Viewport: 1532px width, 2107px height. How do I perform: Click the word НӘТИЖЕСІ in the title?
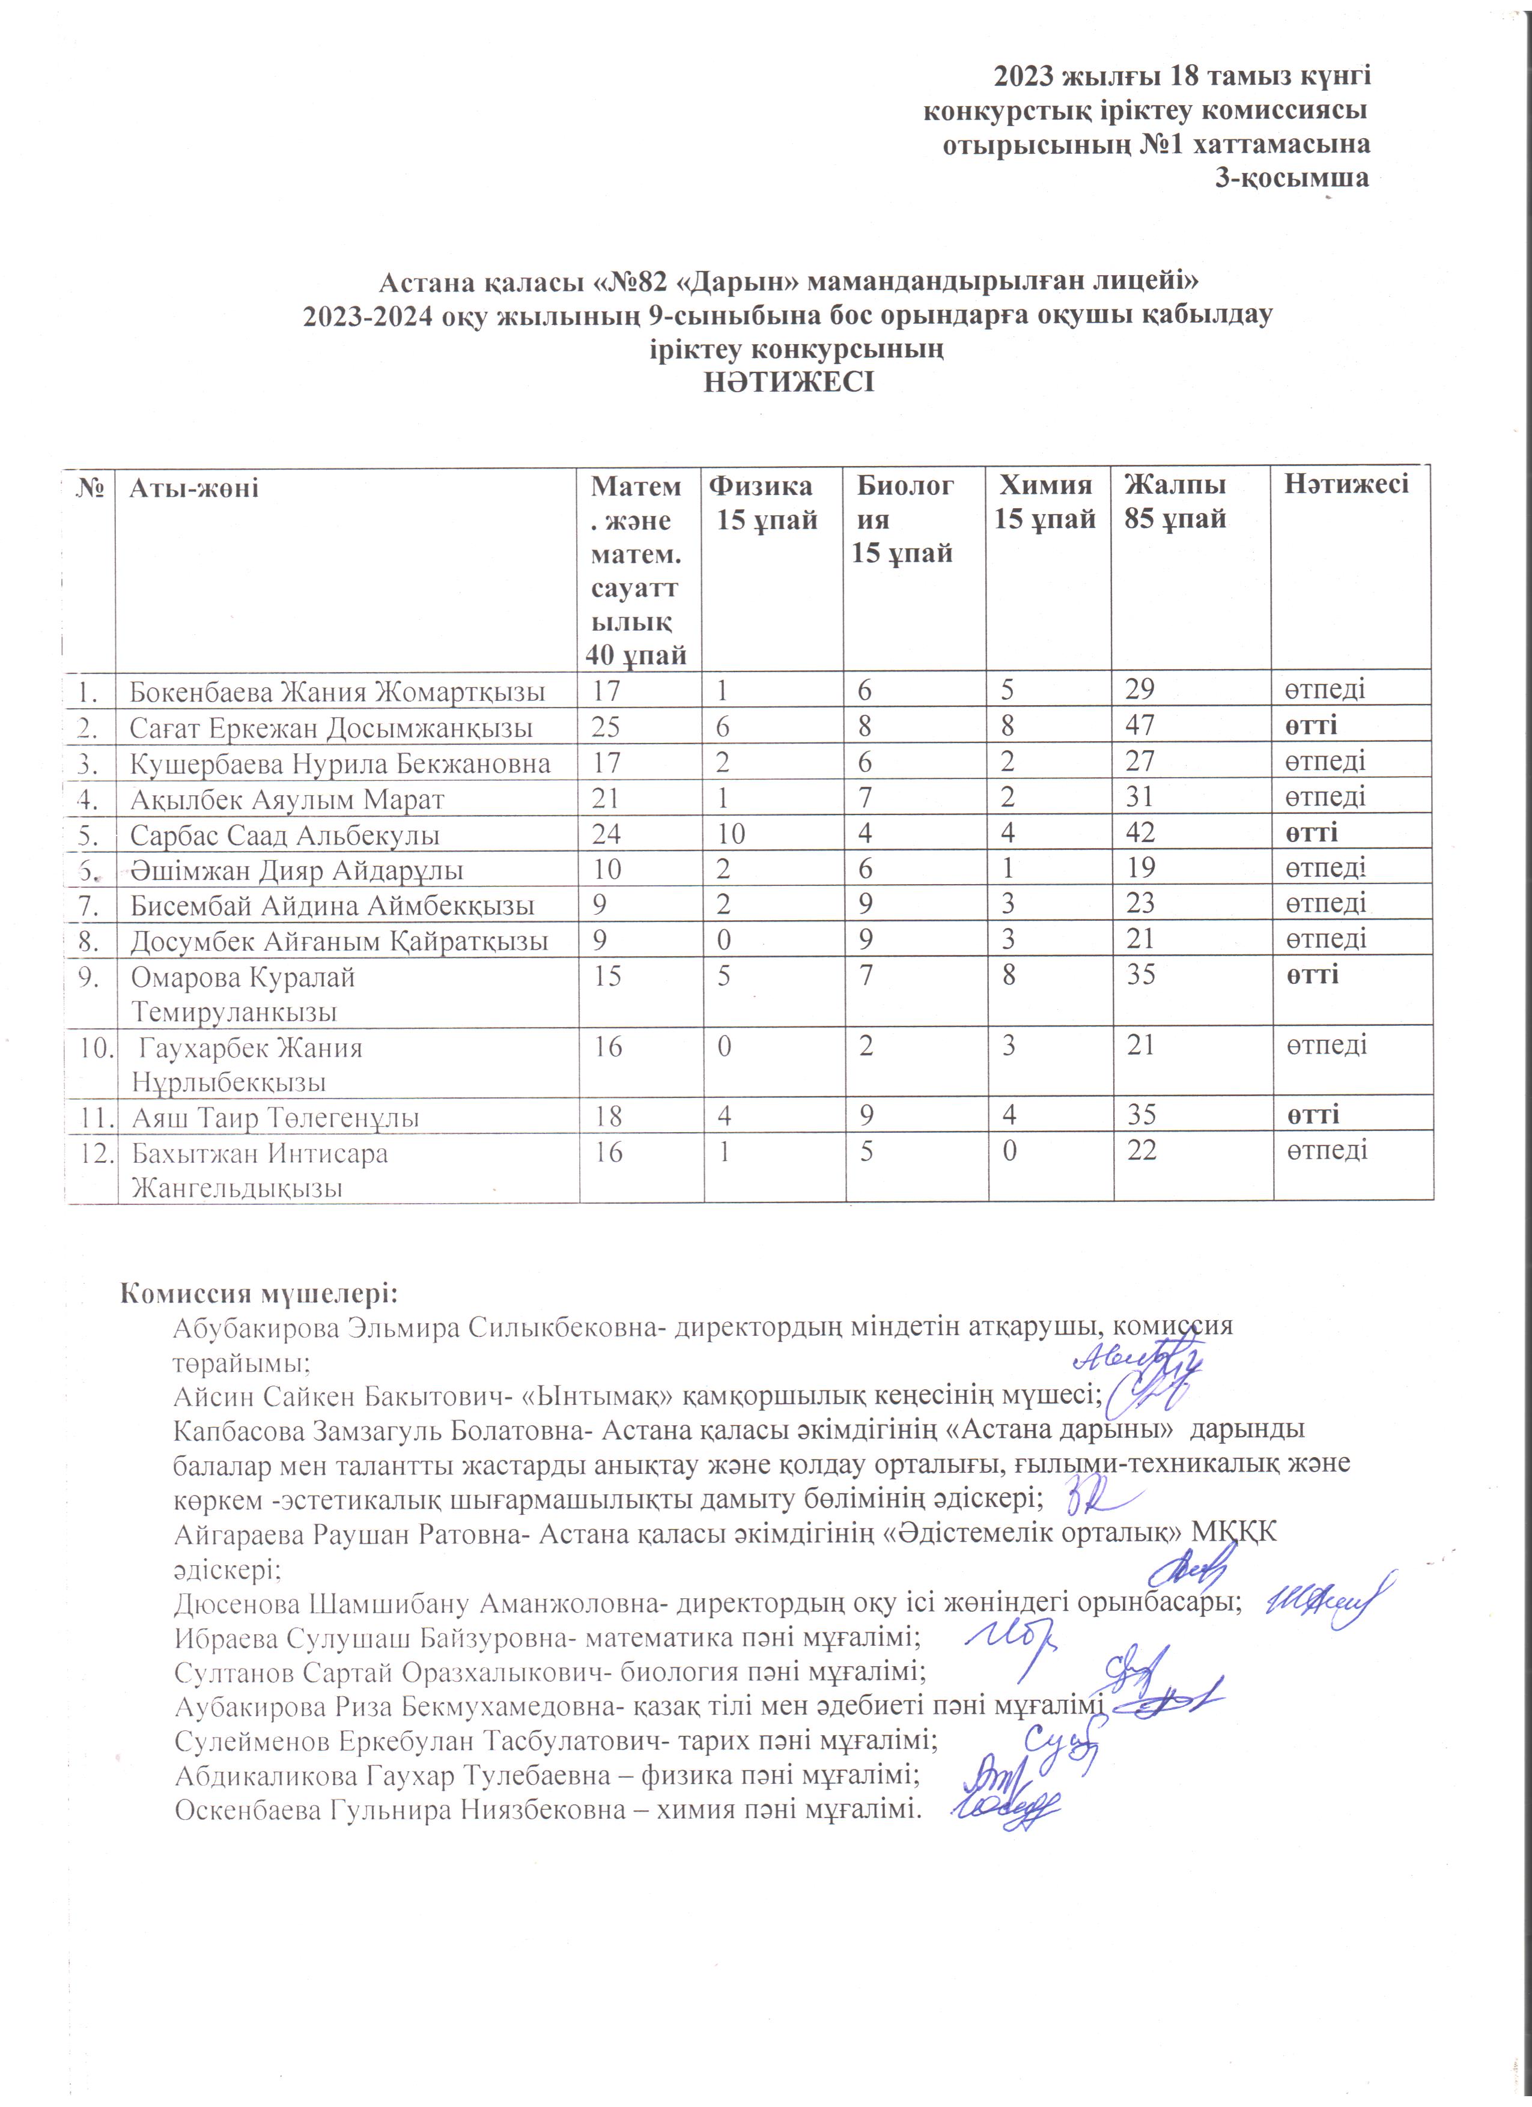(x=789, y=383)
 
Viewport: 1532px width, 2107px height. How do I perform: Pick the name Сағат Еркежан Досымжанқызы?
(x=331, y=727)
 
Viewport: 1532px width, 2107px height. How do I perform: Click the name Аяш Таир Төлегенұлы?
(x=275, y=1118)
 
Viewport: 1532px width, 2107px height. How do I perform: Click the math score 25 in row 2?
(x=607, y=726)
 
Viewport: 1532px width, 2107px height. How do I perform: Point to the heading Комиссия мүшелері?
(x=259, y=1294)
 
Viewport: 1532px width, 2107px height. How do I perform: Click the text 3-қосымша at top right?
(x=1292, y=178)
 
